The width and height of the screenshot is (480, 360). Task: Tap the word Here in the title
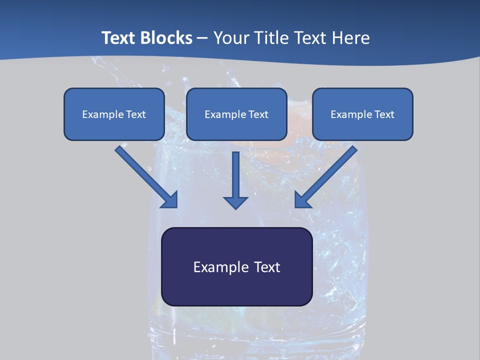[x=350, y=38]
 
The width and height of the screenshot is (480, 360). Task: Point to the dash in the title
[x=202, y=38]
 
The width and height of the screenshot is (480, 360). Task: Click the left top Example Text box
[x=114, y=114]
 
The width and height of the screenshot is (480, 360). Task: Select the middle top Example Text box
[x=236, y=114]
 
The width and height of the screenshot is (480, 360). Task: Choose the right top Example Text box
[x=362, y=114]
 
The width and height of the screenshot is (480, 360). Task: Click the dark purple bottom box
[x=236, y=266]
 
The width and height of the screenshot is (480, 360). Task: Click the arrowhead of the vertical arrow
[x=236, y=202]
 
